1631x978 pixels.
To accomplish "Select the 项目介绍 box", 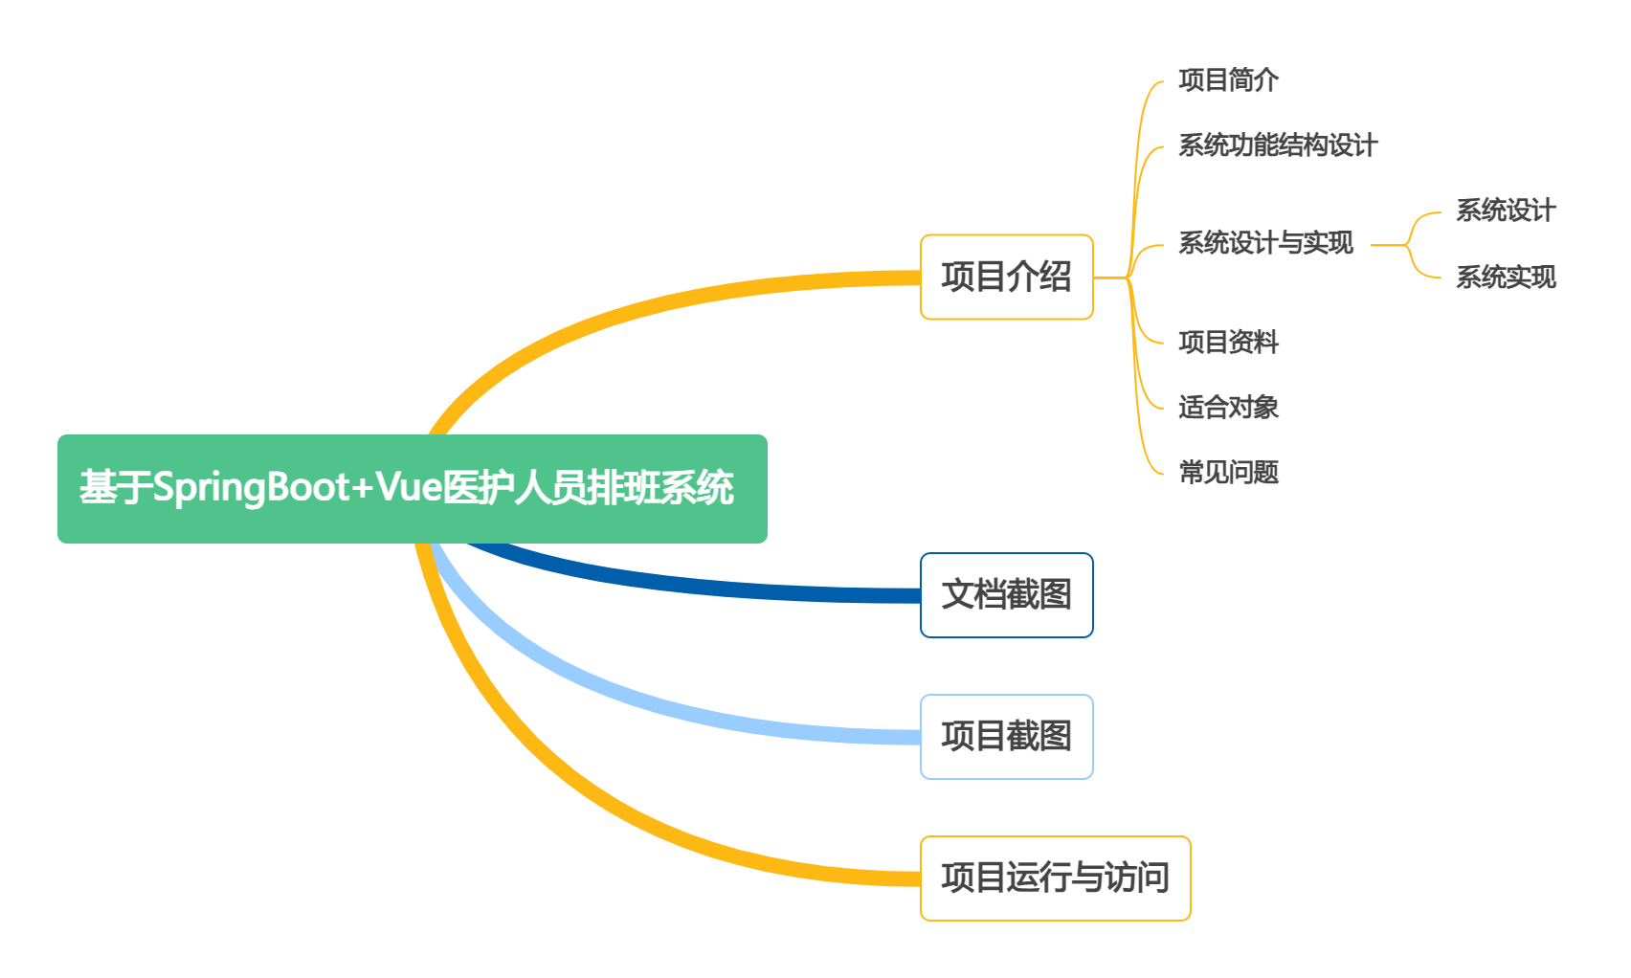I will [1006, 277].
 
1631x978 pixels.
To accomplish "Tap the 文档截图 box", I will [1006, 594].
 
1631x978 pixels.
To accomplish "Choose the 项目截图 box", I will [1006, 736].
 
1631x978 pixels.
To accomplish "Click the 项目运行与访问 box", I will [1055, 878].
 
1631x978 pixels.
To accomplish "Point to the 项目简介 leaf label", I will [1228, 80].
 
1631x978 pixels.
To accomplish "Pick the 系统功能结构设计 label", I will [1278, 145].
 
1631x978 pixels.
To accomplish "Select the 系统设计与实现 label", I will [1265, 243].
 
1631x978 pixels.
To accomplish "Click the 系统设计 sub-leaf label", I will [1506, 211].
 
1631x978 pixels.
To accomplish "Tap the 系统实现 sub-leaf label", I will [1506, 278].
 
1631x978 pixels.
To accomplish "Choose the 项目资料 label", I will [1228, 343].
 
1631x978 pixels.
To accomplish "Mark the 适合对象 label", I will [1228, 408].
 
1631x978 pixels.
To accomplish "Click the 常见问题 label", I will [1228, 473].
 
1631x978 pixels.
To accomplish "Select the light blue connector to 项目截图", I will [670, 709].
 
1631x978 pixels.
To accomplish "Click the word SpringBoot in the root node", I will [252, 487].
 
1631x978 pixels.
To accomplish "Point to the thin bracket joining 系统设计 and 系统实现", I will [1409, 245].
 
